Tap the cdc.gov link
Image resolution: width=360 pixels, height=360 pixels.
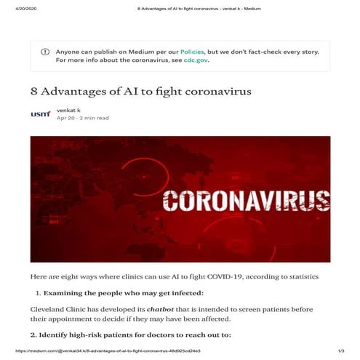[196, 60]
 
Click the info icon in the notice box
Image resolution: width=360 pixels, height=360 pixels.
[45, 52]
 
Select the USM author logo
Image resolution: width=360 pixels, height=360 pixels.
[41, 113]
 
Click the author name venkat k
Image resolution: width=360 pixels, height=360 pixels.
[69, 109]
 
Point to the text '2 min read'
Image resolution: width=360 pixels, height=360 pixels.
[94, 118]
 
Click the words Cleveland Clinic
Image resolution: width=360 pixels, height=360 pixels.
[57, 309]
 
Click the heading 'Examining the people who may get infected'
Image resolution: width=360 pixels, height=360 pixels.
[123, 293]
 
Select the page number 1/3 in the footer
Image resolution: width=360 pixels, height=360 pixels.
[340, 352]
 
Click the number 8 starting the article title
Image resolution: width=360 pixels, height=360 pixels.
[34, 92]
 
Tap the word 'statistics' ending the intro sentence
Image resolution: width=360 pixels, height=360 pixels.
[298, 277]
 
